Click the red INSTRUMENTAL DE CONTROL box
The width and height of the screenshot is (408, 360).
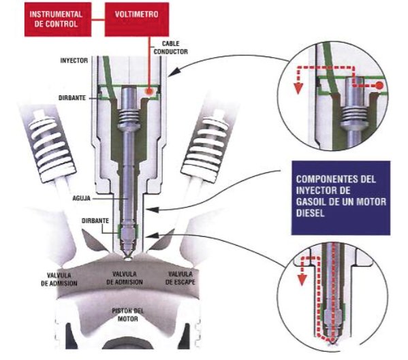[51, 19]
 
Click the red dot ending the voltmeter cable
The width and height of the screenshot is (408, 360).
[149, 89]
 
